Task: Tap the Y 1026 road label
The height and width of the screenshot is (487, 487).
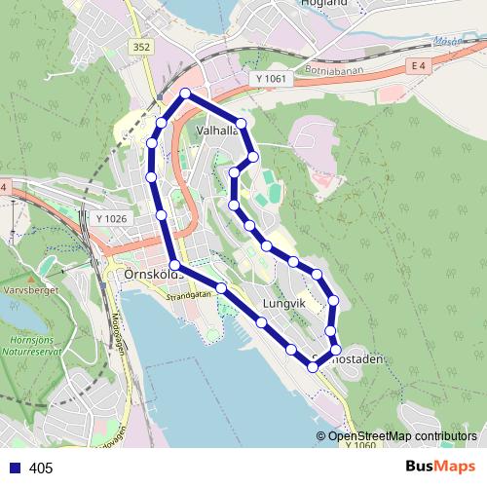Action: pyautogui.click(x=112, y=219)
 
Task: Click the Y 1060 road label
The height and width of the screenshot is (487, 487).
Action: pyautogui.click(x=359, y=445)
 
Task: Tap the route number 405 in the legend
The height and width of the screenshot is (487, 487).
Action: pyautogui.click(x=41, y=468)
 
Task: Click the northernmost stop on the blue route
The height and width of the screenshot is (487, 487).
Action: pyautogui.click(x=186, y=94)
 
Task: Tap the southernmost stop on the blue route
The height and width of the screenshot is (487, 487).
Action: pyautogui.click(x=313, y=366)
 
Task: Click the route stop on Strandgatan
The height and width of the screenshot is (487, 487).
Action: pyautogui.click(x=222, y=288)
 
